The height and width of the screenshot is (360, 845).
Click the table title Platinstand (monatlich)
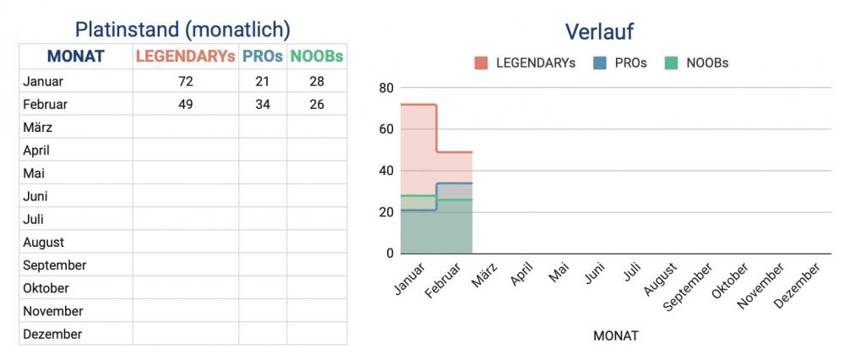coord(183,30)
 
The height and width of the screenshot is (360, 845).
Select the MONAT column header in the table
coord(75,57)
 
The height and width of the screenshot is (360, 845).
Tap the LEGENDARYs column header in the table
coord(186,57)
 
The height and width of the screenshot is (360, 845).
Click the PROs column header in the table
coord(263,57)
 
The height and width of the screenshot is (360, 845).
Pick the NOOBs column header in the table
coord(317,57)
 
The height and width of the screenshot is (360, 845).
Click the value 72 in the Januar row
coord(186,82)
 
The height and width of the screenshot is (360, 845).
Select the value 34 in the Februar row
coord(263,105)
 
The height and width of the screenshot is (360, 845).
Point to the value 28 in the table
coord(317,82)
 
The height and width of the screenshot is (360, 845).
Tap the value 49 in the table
coord(186,105)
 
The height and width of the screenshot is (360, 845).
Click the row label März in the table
coord(38,128)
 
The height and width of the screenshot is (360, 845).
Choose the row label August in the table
coord(45,243)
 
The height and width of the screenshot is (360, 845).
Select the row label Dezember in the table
coord(52,334)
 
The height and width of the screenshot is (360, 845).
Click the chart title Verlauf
coord(599,32)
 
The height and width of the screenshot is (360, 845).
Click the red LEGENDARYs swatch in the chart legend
coord(482,63)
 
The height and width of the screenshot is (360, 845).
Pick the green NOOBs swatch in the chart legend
coord(672,63)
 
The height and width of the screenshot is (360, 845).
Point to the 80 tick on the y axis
coord(385,88)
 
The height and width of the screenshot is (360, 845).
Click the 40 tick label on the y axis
coord(385,171)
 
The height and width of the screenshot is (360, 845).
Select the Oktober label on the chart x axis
coord(730,281)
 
